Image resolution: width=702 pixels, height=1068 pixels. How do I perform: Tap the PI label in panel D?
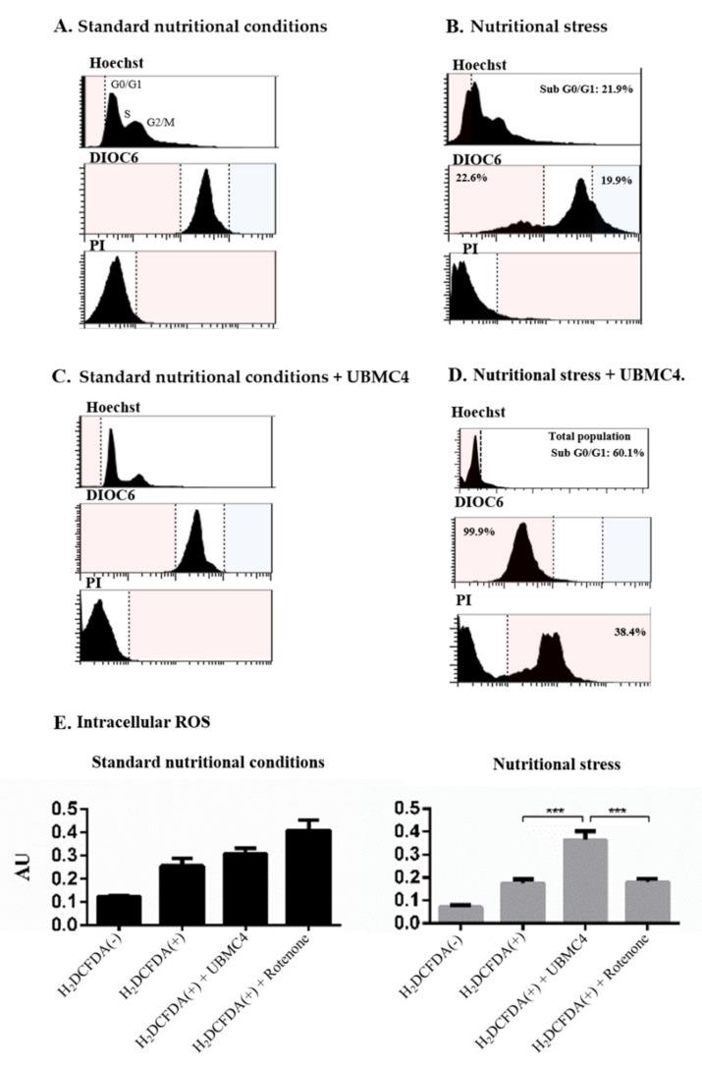[x=466, y=601]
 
